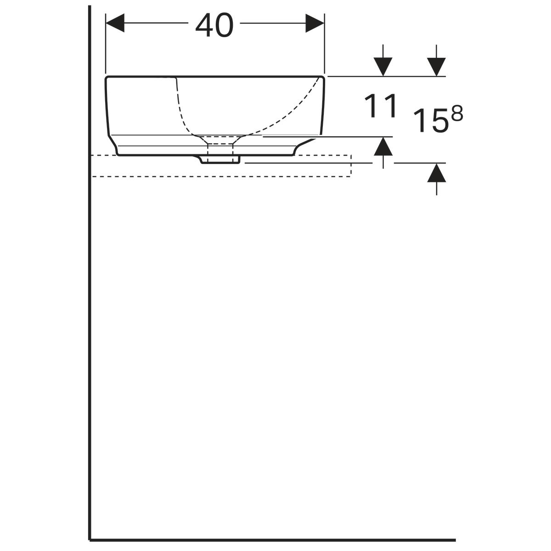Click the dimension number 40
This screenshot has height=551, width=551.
(x=214, y=25)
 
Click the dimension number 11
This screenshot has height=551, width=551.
(x=381, y=106)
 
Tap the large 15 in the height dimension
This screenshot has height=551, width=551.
(x=430, y=120)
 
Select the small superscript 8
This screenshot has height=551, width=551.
(x=456, y=112)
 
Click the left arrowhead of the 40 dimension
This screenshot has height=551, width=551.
(x=115, y=23)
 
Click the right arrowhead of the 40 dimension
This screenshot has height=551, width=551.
(x=315, y=23)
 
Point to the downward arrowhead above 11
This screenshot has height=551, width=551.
(x=383, y=67)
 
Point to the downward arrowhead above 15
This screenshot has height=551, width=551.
(x=436, y=67)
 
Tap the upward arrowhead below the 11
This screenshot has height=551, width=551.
(x=383, y=146)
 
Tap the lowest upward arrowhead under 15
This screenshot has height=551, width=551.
(x=436, y=173)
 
